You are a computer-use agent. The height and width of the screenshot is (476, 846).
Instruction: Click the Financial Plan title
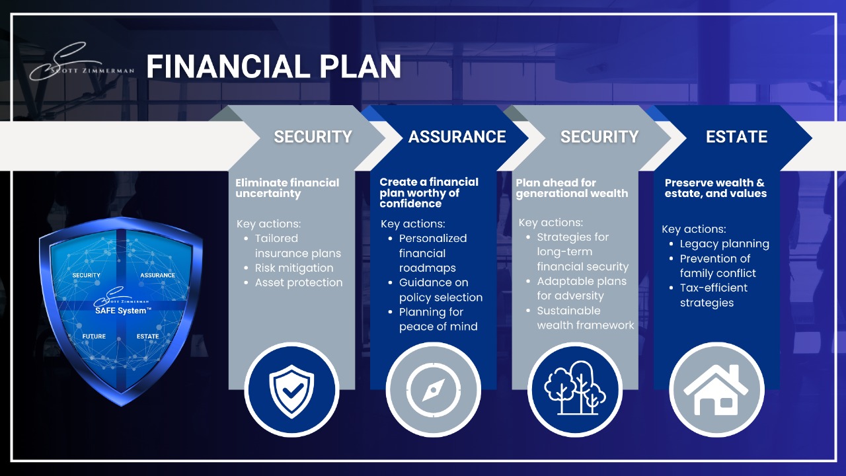click(274, 67)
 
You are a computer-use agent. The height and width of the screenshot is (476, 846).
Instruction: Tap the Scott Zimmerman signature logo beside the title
click(81, 61)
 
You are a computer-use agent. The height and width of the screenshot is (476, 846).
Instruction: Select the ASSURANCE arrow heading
click(457, 137)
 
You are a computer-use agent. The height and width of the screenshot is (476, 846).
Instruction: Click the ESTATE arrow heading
click(736, 137)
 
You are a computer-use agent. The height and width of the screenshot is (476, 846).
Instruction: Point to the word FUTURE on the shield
click(94, 337)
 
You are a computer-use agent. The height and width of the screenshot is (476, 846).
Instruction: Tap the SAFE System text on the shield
click(123, 311)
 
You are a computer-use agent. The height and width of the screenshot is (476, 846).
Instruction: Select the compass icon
click(433, 390)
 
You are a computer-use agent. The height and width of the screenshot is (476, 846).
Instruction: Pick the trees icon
click(575, 388)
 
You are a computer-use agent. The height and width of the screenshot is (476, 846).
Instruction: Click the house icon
click(716, 390)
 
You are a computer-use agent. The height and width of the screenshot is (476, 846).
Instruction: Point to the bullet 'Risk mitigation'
click(294, 268)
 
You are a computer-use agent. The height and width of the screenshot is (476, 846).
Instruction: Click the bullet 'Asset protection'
click(298, 282)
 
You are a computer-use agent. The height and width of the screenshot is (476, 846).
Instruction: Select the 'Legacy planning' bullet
click(724, 244)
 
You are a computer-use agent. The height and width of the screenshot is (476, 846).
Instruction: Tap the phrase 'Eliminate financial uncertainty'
click(287, 188)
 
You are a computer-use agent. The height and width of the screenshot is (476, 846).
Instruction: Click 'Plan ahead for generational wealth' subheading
click(572, 188)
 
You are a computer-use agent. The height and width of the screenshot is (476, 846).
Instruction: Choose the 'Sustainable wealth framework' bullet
click(586, 318)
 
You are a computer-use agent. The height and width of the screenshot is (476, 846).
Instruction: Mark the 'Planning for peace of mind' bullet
click(438, 319)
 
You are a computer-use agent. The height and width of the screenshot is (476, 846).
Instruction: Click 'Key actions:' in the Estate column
click(694, 229)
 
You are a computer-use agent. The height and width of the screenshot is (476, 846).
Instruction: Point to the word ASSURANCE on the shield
click(157, 275)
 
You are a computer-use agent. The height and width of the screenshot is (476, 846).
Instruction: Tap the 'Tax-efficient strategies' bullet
click(713, 295)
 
